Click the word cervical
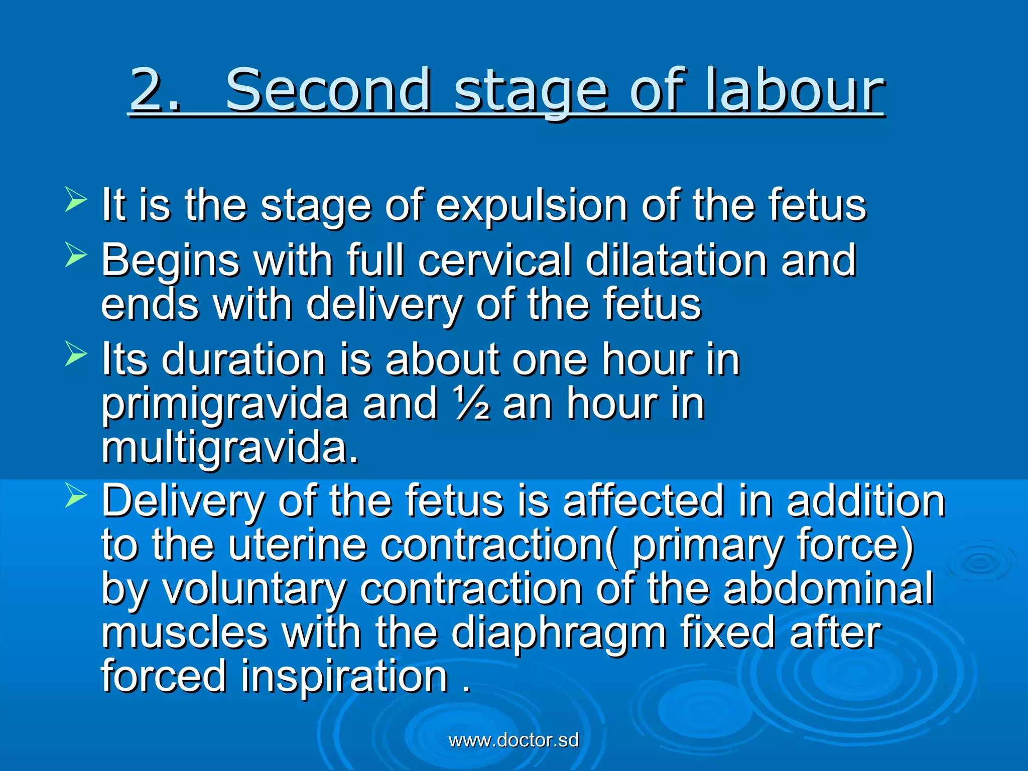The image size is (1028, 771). point(494,260)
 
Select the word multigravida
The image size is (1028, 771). point(230,448)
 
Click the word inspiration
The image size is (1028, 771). point(344,677)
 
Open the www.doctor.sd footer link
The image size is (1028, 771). point(513,740)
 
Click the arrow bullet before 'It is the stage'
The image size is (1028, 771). point(76,199)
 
